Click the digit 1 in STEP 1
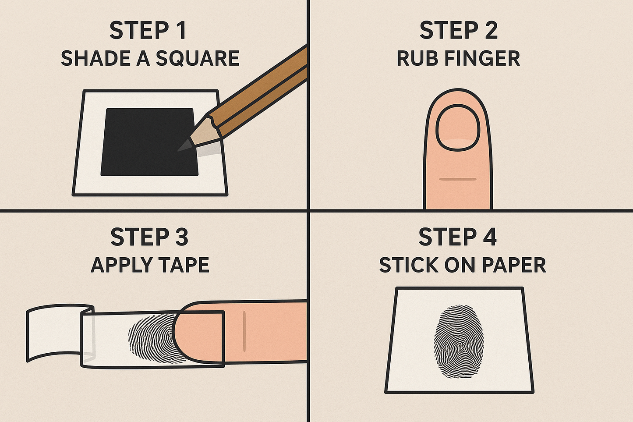tap(182, 30)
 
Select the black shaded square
tap(149, 142)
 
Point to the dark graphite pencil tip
tap(185, 145)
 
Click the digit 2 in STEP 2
tap(490, 30)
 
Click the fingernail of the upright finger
tap(458, 128)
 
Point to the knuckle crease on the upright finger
tap(458, 179)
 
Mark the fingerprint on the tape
tap(152, 338)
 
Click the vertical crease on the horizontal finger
tap(244, 331)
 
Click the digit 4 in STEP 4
tap(489, 237)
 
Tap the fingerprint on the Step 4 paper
tap(459, 341)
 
